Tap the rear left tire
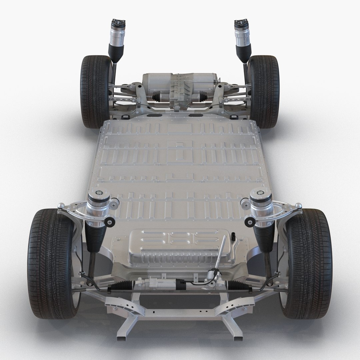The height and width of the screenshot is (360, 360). [x=95, y=92]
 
